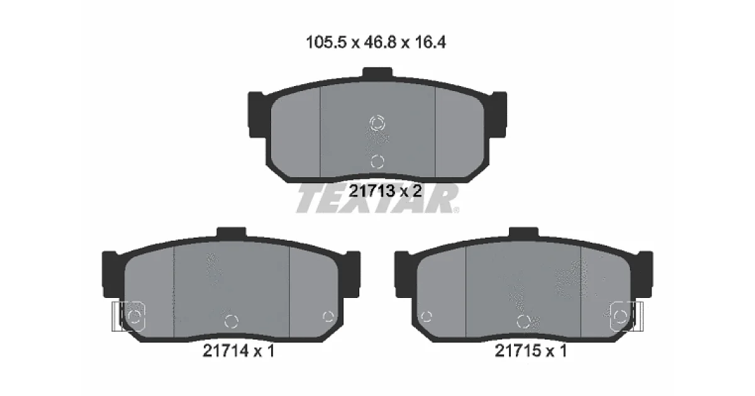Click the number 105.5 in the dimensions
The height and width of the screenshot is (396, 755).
pos(326,43)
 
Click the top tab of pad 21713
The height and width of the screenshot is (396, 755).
pos(377,74)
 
